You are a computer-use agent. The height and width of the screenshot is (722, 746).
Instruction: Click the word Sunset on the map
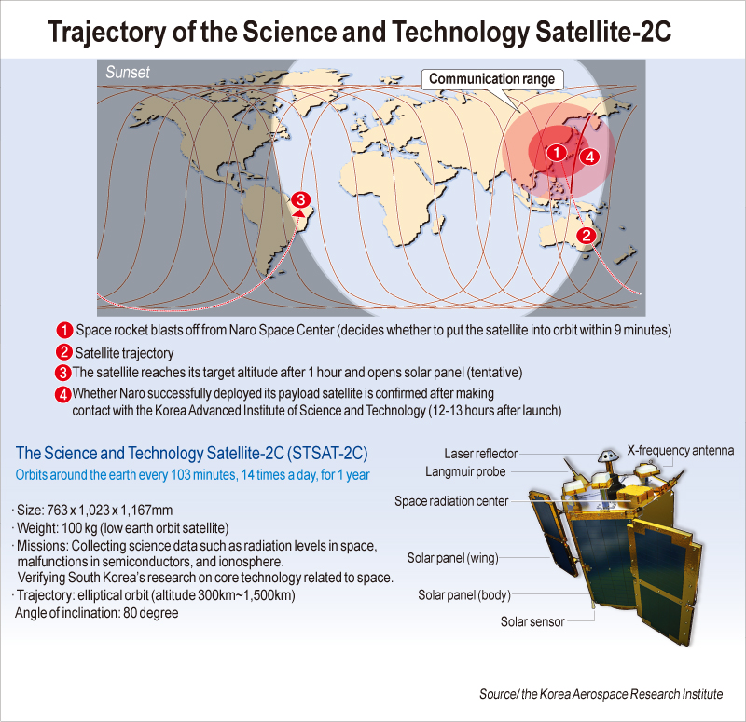[128, 72]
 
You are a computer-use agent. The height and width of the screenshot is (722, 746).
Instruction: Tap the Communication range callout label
[491, 79]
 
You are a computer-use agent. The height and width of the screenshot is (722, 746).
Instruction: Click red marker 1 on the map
[556, 151]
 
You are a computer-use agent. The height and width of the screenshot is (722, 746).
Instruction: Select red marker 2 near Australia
[586, 235]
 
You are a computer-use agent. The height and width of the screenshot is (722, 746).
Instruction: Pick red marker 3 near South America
[299, 199]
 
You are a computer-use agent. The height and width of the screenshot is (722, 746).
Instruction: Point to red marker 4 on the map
[588, 157]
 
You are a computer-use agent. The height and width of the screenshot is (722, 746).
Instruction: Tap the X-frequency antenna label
[681, 450]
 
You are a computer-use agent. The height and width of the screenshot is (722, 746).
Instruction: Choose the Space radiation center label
[451, 501]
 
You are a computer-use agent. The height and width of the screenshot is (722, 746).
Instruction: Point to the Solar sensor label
[533, 621]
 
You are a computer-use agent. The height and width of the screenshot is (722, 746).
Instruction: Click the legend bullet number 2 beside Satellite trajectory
[64, 352]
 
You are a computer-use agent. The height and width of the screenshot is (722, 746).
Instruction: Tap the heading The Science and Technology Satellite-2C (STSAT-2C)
[192, 454]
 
